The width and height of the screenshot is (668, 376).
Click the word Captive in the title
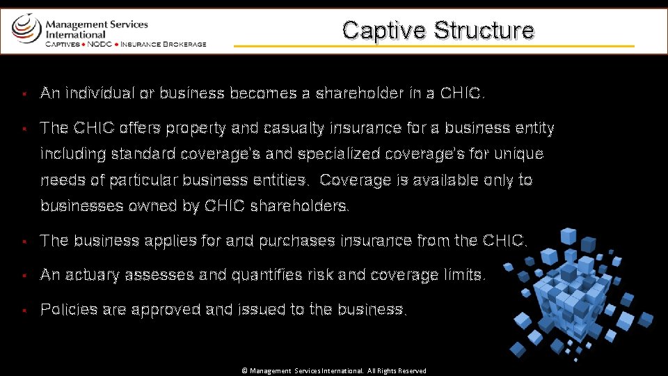[384, 30]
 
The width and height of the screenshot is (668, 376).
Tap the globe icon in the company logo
[26, 29]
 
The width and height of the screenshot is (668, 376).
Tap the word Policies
[70, 309]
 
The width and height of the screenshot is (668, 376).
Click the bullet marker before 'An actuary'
[24, 276]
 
